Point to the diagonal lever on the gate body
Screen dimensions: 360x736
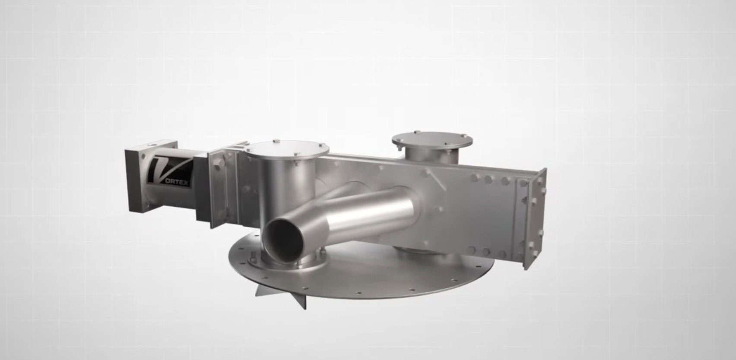435,179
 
